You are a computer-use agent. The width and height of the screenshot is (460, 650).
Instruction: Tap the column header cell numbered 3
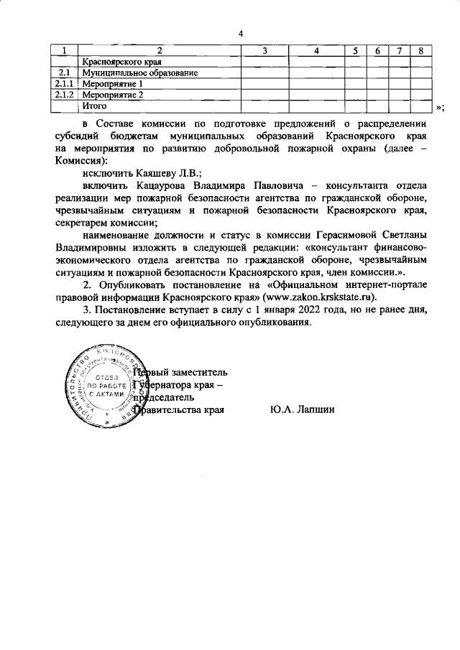tap(265, 50)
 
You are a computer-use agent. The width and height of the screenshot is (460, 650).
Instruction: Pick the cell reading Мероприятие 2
tap(113, 94)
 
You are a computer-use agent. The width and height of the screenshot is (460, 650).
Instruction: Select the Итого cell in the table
tap(94, 106)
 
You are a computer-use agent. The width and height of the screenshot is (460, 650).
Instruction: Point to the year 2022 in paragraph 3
tap(337, 310)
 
